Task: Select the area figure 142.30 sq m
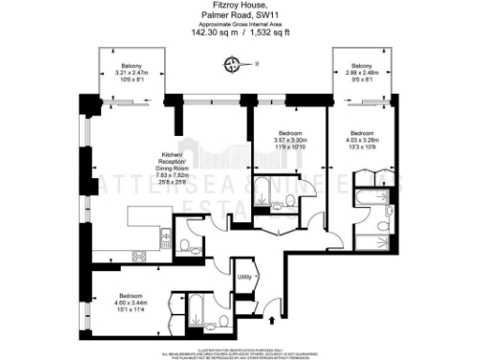coord(211,30)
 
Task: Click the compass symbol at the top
coord(232,64)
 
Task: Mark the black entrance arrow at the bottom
coord(273,321)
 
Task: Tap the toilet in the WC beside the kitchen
coord(187,247)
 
